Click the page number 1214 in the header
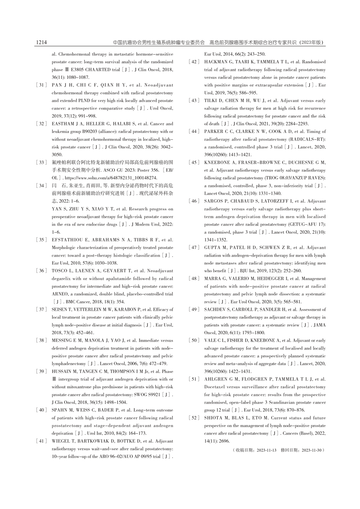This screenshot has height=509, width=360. point(41,43)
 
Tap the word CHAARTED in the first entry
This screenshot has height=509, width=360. point(88,70)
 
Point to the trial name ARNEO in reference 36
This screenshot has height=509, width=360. point(59,294)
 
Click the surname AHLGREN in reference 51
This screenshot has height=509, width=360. point(216,379)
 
